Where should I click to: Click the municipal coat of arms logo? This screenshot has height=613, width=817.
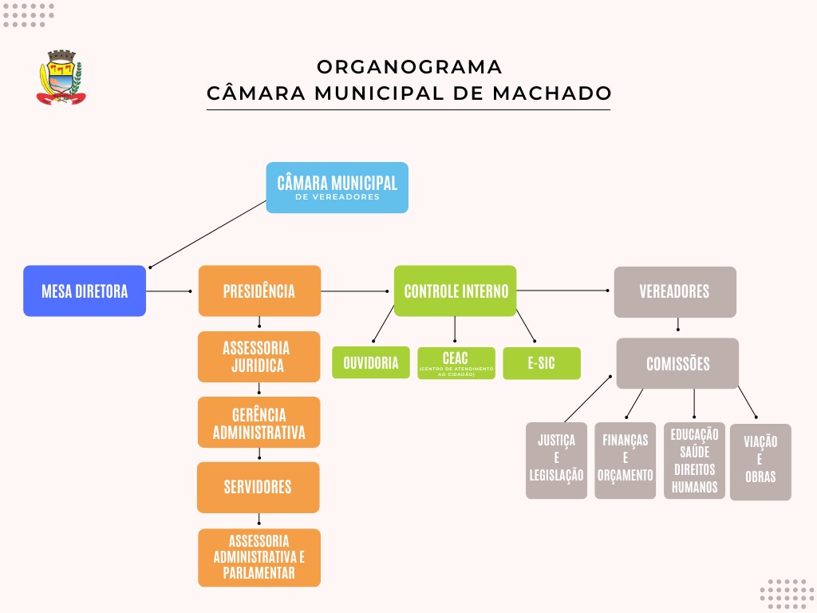[61, 77]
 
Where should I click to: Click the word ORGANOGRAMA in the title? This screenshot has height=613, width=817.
[409, 66]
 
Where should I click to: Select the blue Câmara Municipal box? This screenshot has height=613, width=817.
[337, 188]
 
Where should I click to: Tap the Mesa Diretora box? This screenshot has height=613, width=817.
[85, 291]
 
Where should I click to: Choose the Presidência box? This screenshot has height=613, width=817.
[259, 291]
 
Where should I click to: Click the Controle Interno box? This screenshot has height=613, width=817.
[456, 291]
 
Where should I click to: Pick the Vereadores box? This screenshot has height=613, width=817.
[674, 291]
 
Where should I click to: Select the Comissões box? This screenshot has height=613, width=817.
[677, 363]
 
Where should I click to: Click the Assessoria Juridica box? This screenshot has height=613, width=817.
[259, 357]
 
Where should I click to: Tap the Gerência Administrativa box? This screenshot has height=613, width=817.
[259, 423]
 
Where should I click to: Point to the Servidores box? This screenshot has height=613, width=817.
[258, 487]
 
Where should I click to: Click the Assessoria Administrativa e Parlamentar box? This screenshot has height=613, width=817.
[259, 557]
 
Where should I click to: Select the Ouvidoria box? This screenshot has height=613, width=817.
[371, 363]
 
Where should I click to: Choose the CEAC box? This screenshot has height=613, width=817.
[456, 363]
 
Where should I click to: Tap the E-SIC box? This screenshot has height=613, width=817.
[541, 363]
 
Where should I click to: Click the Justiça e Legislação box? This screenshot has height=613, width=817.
[556, 461]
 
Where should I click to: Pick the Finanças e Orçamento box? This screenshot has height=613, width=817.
[625, 461]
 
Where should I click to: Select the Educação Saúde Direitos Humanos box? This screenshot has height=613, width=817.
[694, 461]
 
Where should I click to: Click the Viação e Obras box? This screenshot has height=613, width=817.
[760, 462]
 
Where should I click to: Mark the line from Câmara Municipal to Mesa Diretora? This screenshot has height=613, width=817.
[207, 233]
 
